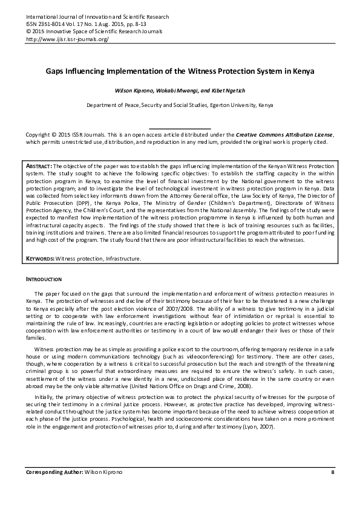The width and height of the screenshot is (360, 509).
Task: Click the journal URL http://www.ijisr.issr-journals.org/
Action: pos(67,39)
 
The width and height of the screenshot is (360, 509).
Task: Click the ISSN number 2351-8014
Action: pos(50,25)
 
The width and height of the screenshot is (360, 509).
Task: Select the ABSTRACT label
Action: pos(40,166)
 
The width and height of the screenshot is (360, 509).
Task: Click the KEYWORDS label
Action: pos(41,259)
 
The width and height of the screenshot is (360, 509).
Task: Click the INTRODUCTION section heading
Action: pos(43,280)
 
